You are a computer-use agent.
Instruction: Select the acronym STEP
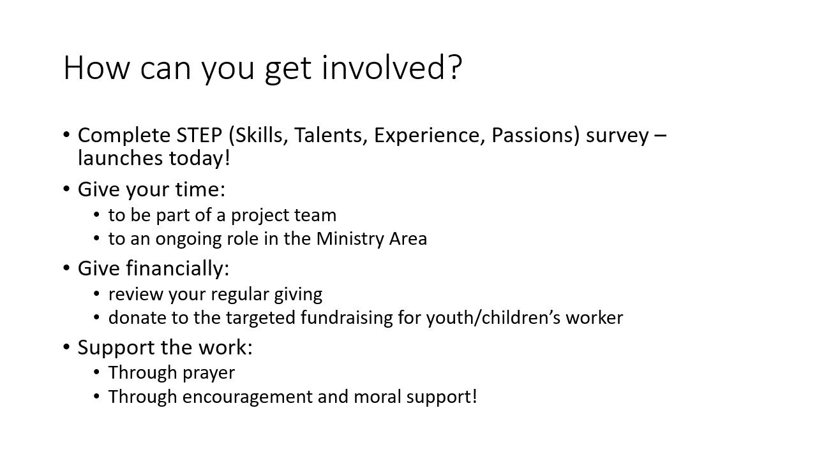tap(199, 135)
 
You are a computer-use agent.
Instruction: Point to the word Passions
tap(532, 135)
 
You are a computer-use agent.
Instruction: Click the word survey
tap(617, 137)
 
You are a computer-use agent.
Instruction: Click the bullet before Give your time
tap(66, 189)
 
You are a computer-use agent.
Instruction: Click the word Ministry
tap(350, 240)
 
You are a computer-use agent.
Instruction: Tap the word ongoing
tap(188, 240)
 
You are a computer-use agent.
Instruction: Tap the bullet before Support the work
tap(66, 347)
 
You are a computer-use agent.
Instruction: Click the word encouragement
tap(247, 397)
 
